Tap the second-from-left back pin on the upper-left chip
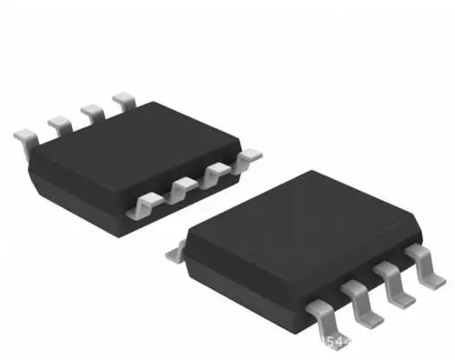[x=58, y=121]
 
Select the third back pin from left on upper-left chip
[x=91, y=109]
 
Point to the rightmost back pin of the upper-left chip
[x=123, y=98]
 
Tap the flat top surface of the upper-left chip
[x=136, y=145]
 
